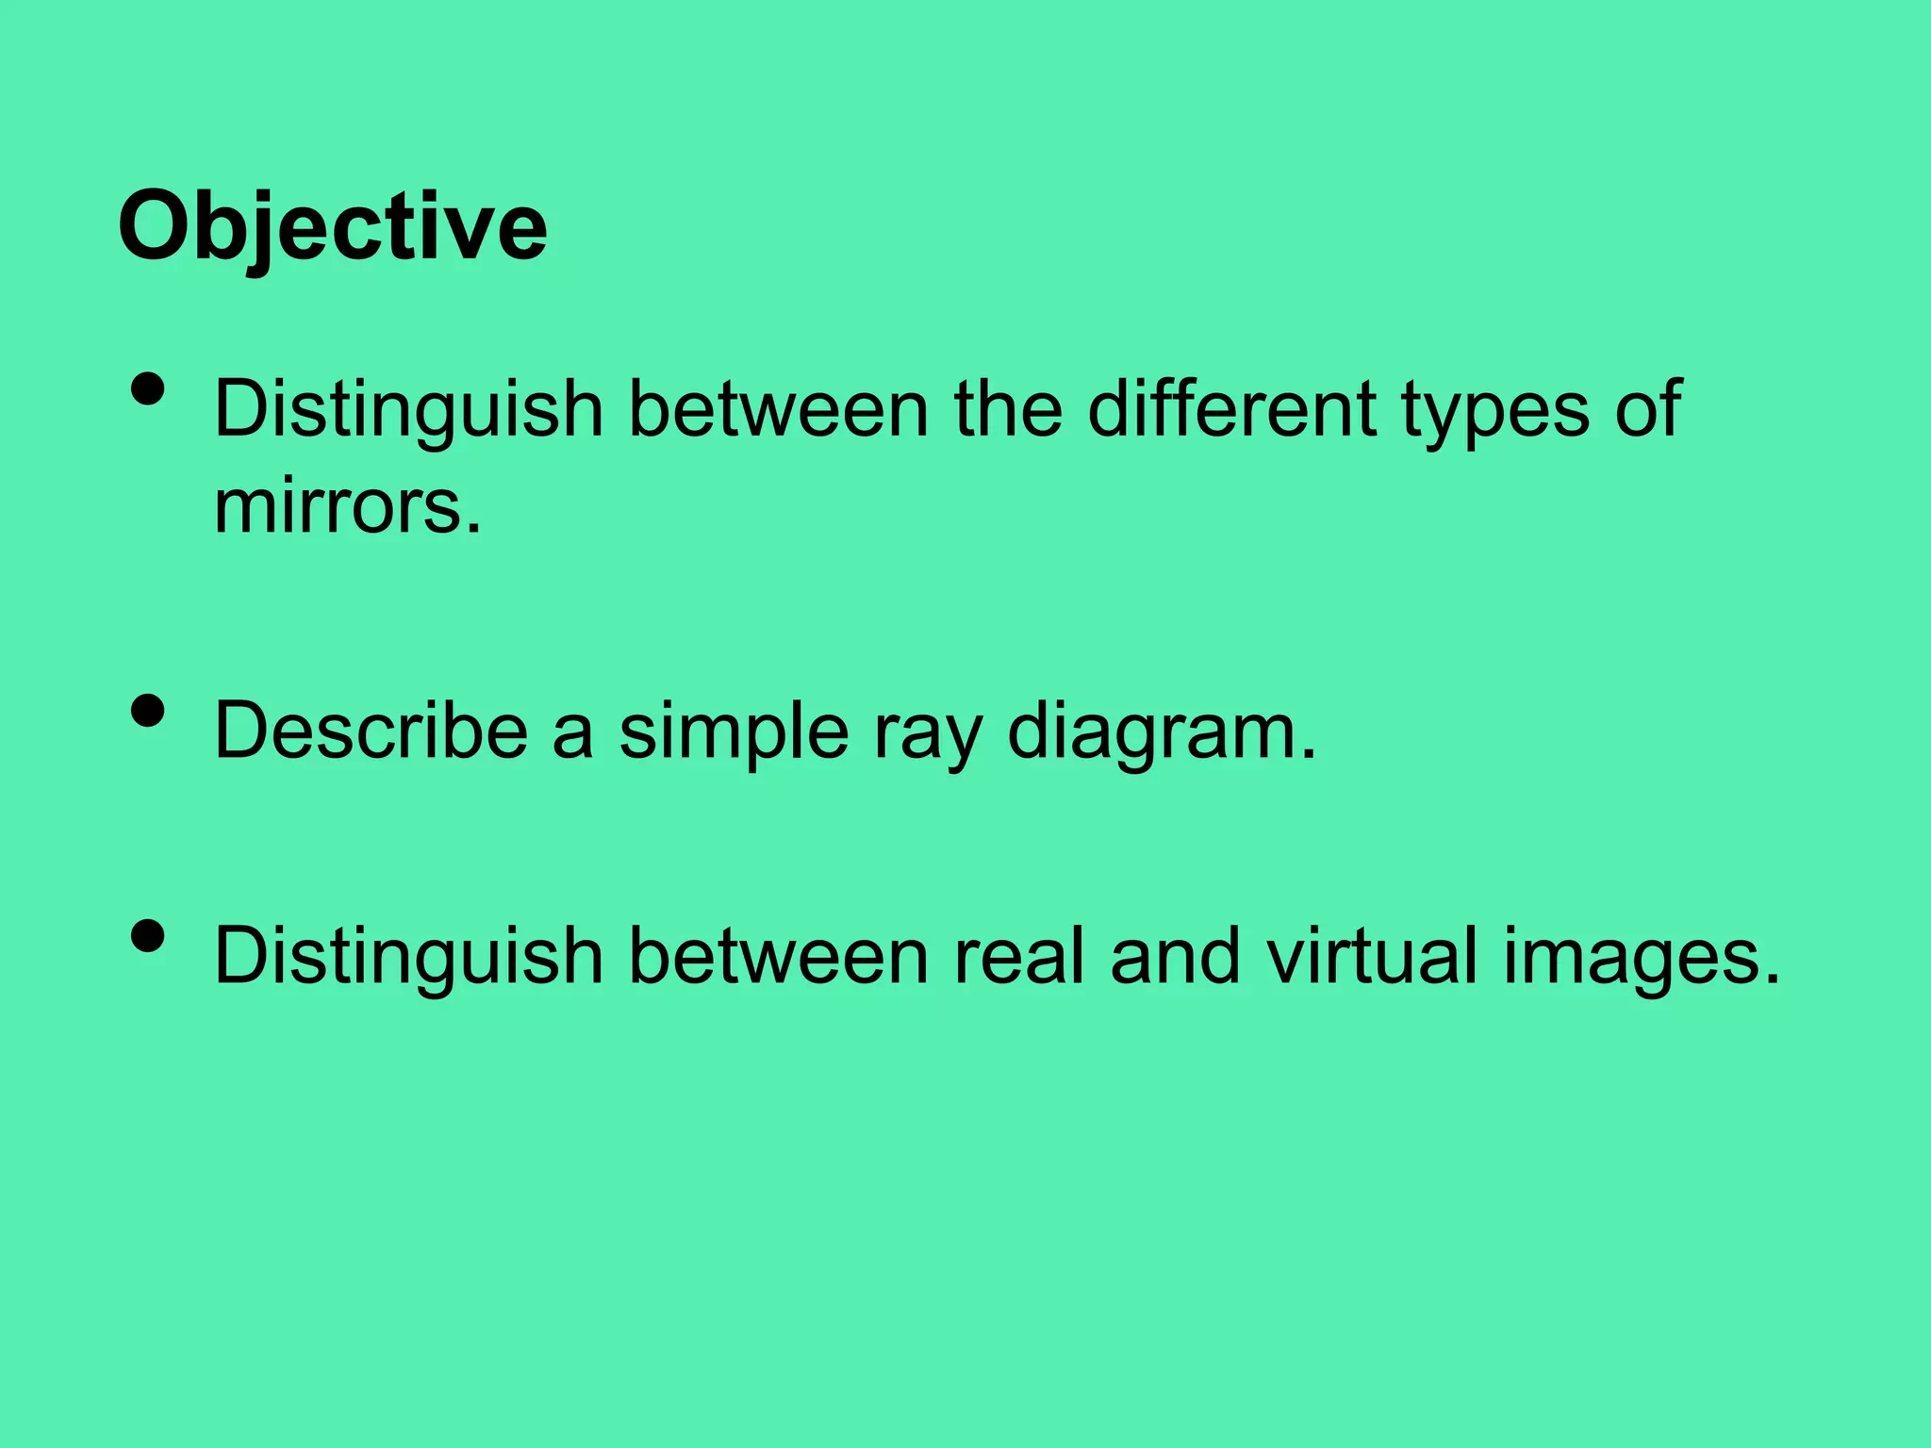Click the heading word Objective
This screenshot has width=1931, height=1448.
[x=332, y=227]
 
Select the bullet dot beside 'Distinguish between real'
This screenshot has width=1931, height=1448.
[x=149, y=937]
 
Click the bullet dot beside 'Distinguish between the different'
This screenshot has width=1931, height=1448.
[x=149, y=388]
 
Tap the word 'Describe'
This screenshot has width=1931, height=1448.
[x=371, y=731]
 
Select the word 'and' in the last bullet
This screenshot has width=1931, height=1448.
[x=1174, y=957]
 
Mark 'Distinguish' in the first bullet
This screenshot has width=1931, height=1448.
[x=408, y=411]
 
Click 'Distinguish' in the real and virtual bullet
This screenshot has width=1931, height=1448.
[x=408, y=958]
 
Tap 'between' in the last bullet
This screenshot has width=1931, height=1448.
[x=778, y=957]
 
